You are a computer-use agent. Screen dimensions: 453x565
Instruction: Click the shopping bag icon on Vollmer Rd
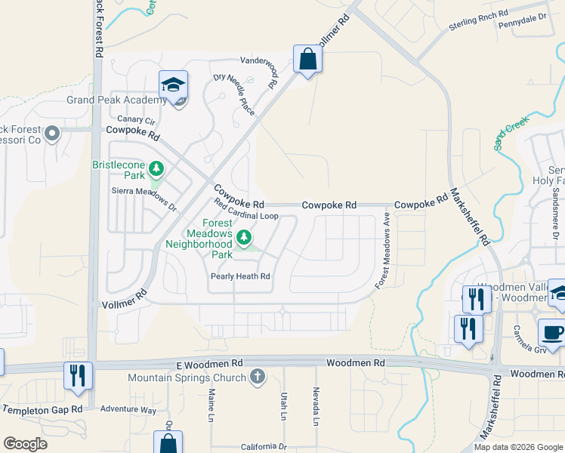(x=307, y=59)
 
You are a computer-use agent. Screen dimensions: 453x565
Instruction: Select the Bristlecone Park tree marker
(x=156, y=168)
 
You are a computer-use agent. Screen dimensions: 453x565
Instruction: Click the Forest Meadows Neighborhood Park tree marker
(x=244, y=239)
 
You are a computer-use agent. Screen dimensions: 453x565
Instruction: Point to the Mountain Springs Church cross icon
(x=258, y=377)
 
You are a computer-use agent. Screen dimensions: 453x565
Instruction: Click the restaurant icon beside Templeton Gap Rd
(x=78, y=375)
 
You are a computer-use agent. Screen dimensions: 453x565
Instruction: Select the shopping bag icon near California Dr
(x=168, y=443)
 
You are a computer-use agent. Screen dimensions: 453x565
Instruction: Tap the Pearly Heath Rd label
(x=239, y=277)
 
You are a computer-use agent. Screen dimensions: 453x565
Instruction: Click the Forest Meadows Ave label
(x=384, y=250)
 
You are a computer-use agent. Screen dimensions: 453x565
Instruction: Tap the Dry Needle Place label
(x=234, y=94)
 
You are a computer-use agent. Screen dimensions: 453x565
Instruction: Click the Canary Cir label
(x=136, y=120)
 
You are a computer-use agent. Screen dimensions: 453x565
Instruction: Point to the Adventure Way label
(x=128, y=410)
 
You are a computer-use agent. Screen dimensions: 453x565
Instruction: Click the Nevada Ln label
(x=316, y=405)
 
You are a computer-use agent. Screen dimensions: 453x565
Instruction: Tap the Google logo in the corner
(x=25, y=444)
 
